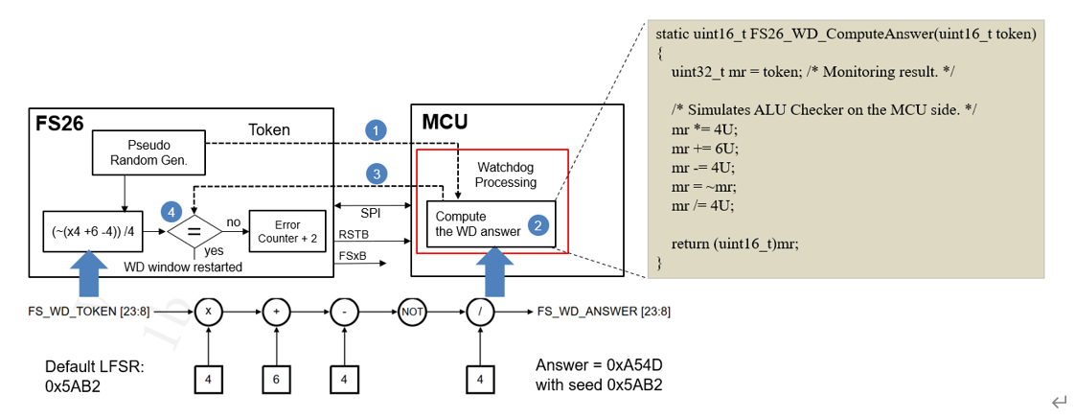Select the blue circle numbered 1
377,129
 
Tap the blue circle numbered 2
538,226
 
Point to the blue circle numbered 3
377,174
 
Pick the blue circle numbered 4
171,209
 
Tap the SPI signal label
371,213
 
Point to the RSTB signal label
355,234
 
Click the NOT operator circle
411,312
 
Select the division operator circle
479,312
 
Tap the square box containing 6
277,380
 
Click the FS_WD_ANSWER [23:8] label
604,312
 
